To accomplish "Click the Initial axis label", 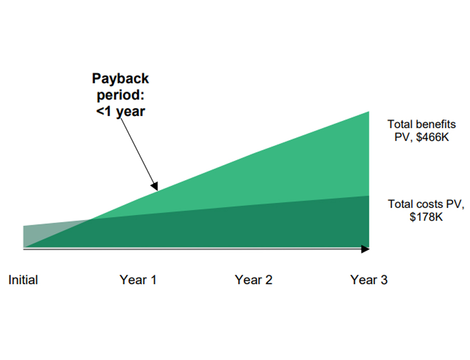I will (23, 280).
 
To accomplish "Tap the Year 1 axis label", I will (138, 280).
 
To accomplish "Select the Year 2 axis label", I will (253, 280).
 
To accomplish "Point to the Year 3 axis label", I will (369, 280).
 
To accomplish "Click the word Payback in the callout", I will (120, 79).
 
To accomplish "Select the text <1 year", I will (120, 111).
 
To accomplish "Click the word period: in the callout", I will (120, 95).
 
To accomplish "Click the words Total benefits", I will (422, 124).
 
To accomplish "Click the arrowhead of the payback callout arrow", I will (154, 186).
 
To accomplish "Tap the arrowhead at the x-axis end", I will (365, 249).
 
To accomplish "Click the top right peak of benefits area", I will (368, 113).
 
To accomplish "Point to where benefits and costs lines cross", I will (91, 220).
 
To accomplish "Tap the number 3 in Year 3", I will (383, 280).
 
